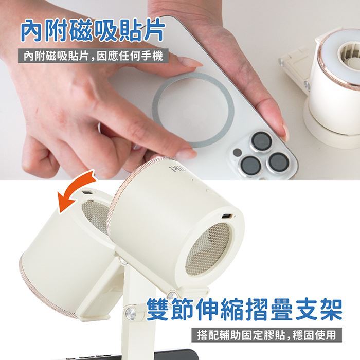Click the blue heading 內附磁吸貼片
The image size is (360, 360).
pyautogui.click(x=93, y=31)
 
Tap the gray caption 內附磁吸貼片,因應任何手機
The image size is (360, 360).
pyautogui.click(x=93, y=56)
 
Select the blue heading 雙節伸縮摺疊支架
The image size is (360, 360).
pyautogui.click(x=244, y=309)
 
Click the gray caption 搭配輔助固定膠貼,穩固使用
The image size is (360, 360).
pyautogui.click(x=266, y=335)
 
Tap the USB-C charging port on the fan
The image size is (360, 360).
pyautogui.click(x=227, y=217)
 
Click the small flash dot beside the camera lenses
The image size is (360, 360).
pyautogui.click(x=237, y=152)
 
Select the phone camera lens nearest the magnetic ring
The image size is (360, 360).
pyautogui.click(x=261, y=141)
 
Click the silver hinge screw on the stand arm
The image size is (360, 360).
pyautogui.click(x=131, y=313)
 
